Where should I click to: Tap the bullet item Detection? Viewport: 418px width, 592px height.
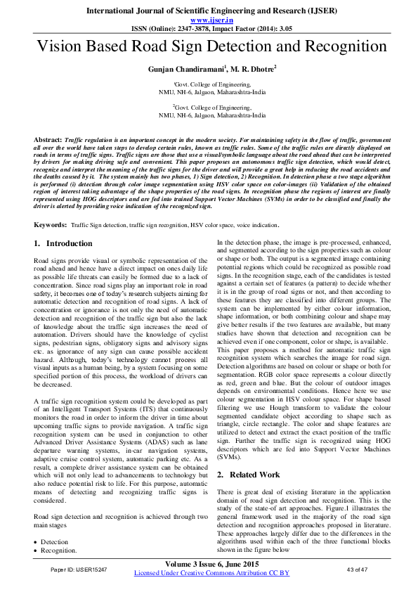point(55,542)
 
